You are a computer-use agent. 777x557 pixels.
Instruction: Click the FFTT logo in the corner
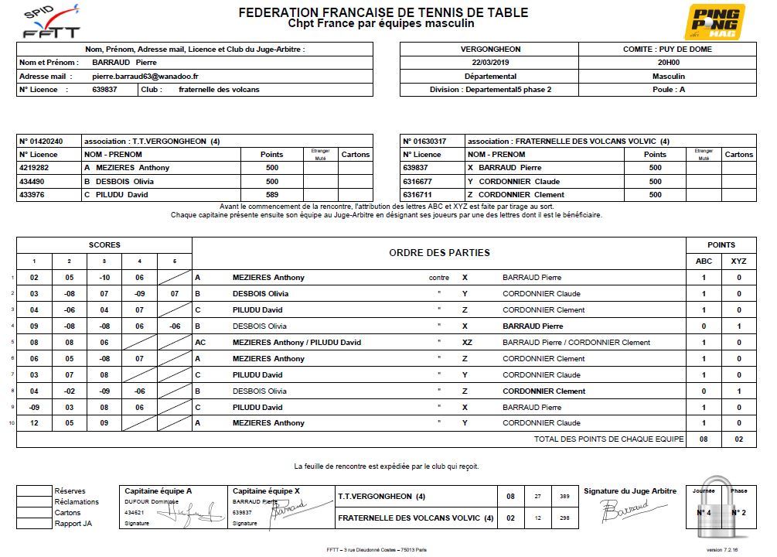(x=52, y=22)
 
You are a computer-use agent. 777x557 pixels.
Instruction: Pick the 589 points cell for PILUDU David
(x=272, y=195)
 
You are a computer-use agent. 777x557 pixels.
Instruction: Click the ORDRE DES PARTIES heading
(x=439, y=253)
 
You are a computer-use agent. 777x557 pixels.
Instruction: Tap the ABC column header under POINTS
(x=704, y=261)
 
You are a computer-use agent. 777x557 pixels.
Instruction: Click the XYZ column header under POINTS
(x=739, y=261)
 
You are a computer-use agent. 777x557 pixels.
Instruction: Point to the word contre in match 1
(x=439, y=278)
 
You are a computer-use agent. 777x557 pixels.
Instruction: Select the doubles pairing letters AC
(x=200, y=343)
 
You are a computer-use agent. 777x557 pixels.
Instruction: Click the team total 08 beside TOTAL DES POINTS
(x=704, y=439)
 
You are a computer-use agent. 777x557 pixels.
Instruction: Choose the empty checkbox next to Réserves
(x=33, y=490)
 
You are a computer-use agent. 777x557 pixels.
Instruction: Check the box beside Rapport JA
(x=33, y=524)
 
